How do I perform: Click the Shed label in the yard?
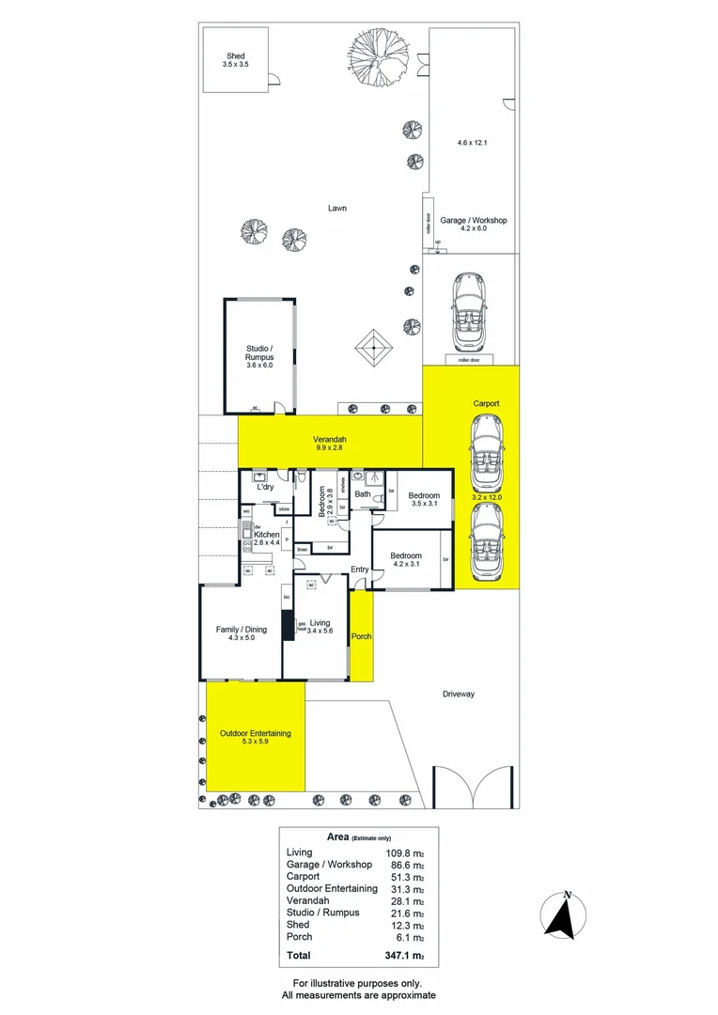[234, 56]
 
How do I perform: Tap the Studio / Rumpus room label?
[258, 353]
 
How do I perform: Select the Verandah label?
[330, 440]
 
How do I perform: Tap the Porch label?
[361, 636]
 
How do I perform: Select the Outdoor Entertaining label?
[255, 733]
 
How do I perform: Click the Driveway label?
[459, 695]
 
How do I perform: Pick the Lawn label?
[337, 208]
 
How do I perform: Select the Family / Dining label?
[242, 630]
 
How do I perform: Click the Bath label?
[362, 493]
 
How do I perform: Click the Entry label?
[360, 570]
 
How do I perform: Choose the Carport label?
[486, 403]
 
